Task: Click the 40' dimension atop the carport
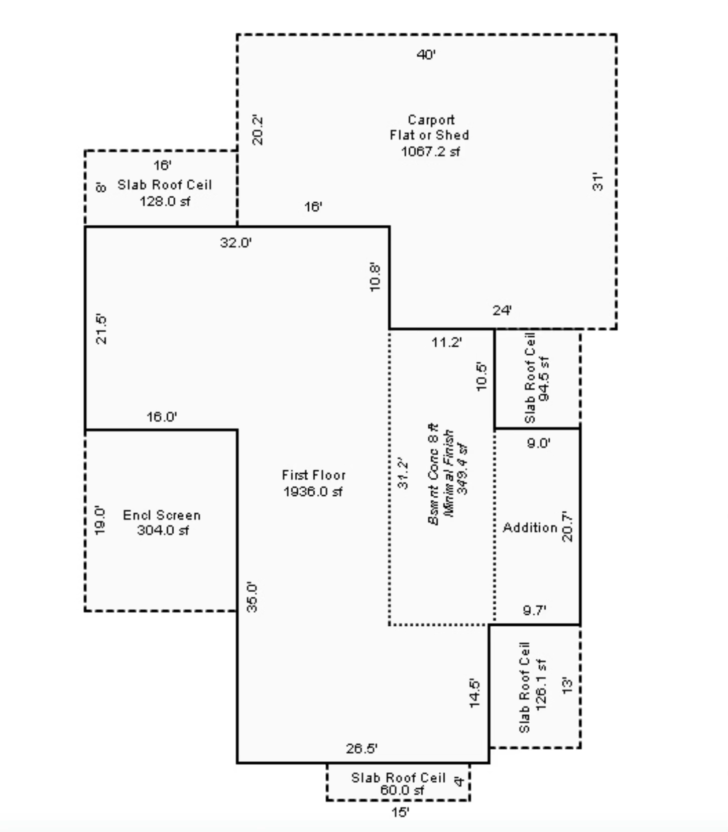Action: [x=426, y=54]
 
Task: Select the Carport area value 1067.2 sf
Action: [x=430, y=151]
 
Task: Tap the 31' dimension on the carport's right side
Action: [x=597, y=182]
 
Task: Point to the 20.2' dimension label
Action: [x=258, y=130]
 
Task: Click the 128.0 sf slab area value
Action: [x=165, y=201]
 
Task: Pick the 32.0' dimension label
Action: [x=235, y=243]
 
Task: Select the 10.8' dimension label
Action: [x=375, y=276]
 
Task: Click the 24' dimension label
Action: [x=502, y=311]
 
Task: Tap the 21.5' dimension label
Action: [x=101, y=329]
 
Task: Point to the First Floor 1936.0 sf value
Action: [x=313, y=491]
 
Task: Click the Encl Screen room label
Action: [x=162, y=515]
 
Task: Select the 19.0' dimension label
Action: [x=100, y=520]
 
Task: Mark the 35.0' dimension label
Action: [x=252, y=597]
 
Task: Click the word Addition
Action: [x=530, y=527]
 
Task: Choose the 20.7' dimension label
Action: [x=567, y=526]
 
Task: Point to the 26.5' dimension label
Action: [x=361, y=749]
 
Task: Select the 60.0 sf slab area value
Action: [x=402, y=790]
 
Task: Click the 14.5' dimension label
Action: [x=474, y=693]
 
